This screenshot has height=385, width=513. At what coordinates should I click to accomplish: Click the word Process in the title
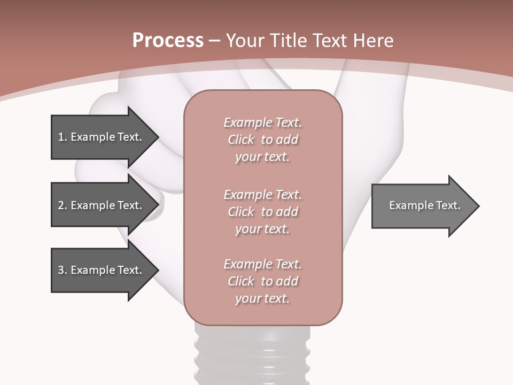[168, 41]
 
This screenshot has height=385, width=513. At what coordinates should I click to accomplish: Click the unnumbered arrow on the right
[425, 206]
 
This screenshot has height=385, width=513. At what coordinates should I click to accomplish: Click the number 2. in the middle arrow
[63, 205]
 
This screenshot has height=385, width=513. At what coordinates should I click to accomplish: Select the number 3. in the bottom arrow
[63, 270]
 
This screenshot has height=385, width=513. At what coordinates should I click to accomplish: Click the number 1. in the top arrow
[63, 137]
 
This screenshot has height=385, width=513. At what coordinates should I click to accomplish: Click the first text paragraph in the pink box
[262, 140]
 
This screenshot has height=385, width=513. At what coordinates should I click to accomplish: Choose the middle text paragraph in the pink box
[262, 212]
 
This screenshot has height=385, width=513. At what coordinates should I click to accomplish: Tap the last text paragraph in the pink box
[262, 281]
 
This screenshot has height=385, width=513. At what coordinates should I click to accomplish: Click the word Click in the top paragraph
[241, 140]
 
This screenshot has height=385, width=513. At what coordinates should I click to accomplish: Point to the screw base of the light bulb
[252, 353]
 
